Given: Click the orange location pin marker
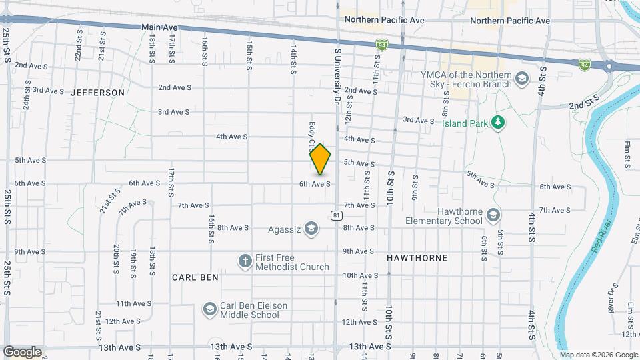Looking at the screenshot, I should point(321,160).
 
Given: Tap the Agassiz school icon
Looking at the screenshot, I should point(310,229).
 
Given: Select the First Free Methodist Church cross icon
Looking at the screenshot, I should point(245,261).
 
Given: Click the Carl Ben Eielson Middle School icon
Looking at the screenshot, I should point(210,309).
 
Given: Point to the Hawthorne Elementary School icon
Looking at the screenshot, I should point(493,215).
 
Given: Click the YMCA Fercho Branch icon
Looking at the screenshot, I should point(521,79).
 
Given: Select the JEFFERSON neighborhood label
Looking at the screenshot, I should point(98,93).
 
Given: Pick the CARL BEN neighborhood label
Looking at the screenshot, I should point(195,277).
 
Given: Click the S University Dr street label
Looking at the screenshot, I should point(337,73).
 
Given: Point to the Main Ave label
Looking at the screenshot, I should point(160,27).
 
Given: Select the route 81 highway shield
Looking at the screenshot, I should point(337,215).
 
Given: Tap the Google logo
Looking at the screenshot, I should point(22,352).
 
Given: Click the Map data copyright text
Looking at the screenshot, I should point(599,355).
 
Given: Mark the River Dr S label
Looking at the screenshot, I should point(611,298).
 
